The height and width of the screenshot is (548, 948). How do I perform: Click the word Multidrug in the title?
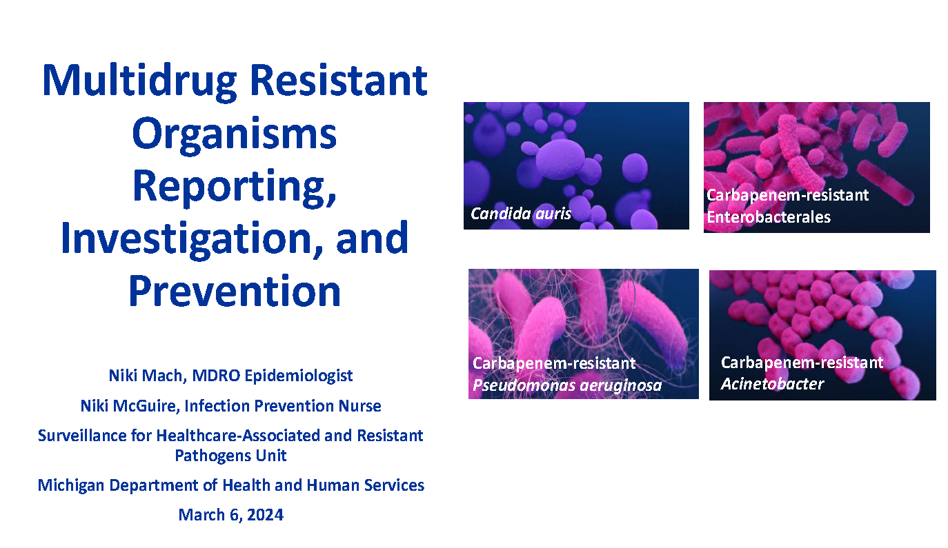139,82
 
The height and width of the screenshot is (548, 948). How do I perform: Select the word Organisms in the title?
235,134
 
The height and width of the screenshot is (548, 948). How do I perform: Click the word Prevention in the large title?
235,291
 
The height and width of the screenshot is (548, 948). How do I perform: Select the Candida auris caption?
521,214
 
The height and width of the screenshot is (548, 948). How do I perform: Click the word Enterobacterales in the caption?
769,217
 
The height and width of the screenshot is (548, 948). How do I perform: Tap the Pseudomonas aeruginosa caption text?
567,385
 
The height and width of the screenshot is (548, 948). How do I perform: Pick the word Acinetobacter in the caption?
772,383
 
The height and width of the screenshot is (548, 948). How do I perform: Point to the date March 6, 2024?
230,515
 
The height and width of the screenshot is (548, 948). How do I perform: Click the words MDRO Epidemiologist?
273,376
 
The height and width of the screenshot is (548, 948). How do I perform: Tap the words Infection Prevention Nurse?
283,406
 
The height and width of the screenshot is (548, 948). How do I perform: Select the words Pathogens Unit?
230,456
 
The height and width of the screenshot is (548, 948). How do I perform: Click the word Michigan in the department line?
71,485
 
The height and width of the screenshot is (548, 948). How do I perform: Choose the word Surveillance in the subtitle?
83,436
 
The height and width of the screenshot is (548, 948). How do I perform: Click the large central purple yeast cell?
561,158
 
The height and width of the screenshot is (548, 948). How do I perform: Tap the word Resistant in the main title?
339,81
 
